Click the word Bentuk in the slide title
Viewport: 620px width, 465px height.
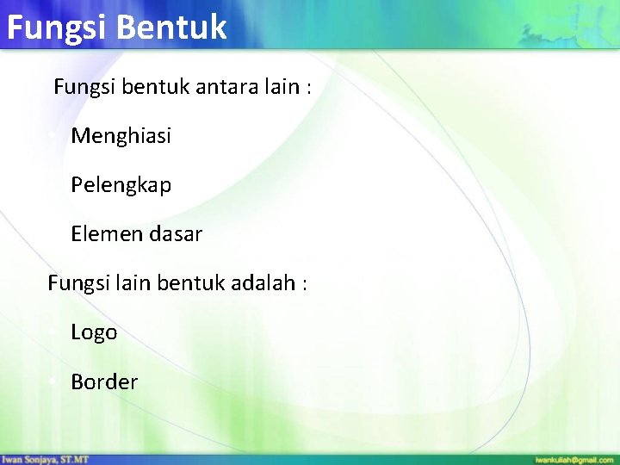[170, 27]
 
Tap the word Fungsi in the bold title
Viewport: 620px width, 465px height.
[55, 27]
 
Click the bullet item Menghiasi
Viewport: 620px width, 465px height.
[121, 136]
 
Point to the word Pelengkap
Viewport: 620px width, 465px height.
[121, 185]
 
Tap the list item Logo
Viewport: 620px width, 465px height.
[94, 332]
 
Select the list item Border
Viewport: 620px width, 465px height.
[104, 381]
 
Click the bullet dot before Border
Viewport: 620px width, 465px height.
[53, 381]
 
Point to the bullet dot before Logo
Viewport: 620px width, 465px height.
[53, 332]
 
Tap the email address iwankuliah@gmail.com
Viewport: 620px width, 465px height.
[574, 460]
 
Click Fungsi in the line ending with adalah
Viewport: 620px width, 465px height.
[75, 282]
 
